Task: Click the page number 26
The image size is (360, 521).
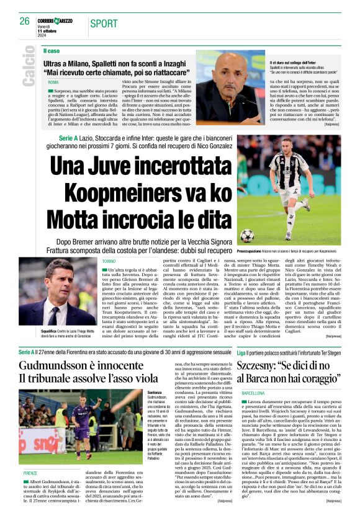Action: coord(24,21)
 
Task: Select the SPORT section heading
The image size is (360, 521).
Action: coord(104,24)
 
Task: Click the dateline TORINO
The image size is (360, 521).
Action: coord(109,262)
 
